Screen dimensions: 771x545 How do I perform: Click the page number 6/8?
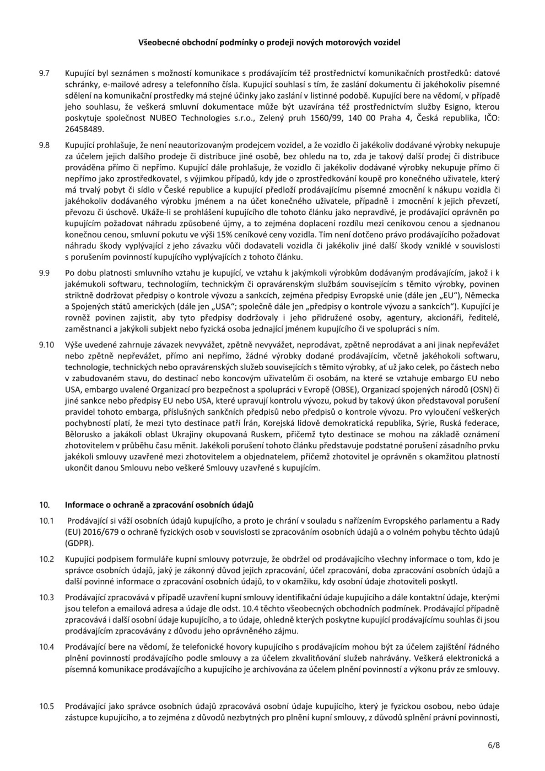tap(494, 745)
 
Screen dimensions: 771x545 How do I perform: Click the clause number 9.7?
tap(44, 73)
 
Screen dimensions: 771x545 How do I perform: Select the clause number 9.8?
tap(44, 145)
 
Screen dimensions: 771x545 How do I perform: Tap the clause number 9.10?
tap(46, 344)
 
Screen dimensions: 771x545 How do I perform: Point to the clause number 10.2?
tap(46, 559)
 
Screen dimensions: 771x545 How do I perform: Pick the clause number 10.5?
tap(46, 705)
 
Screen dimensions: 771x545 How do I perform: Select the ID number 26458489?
tap(84, 129)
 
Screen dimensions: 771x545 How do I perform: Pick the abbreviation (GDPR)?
tap(79, 542)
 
